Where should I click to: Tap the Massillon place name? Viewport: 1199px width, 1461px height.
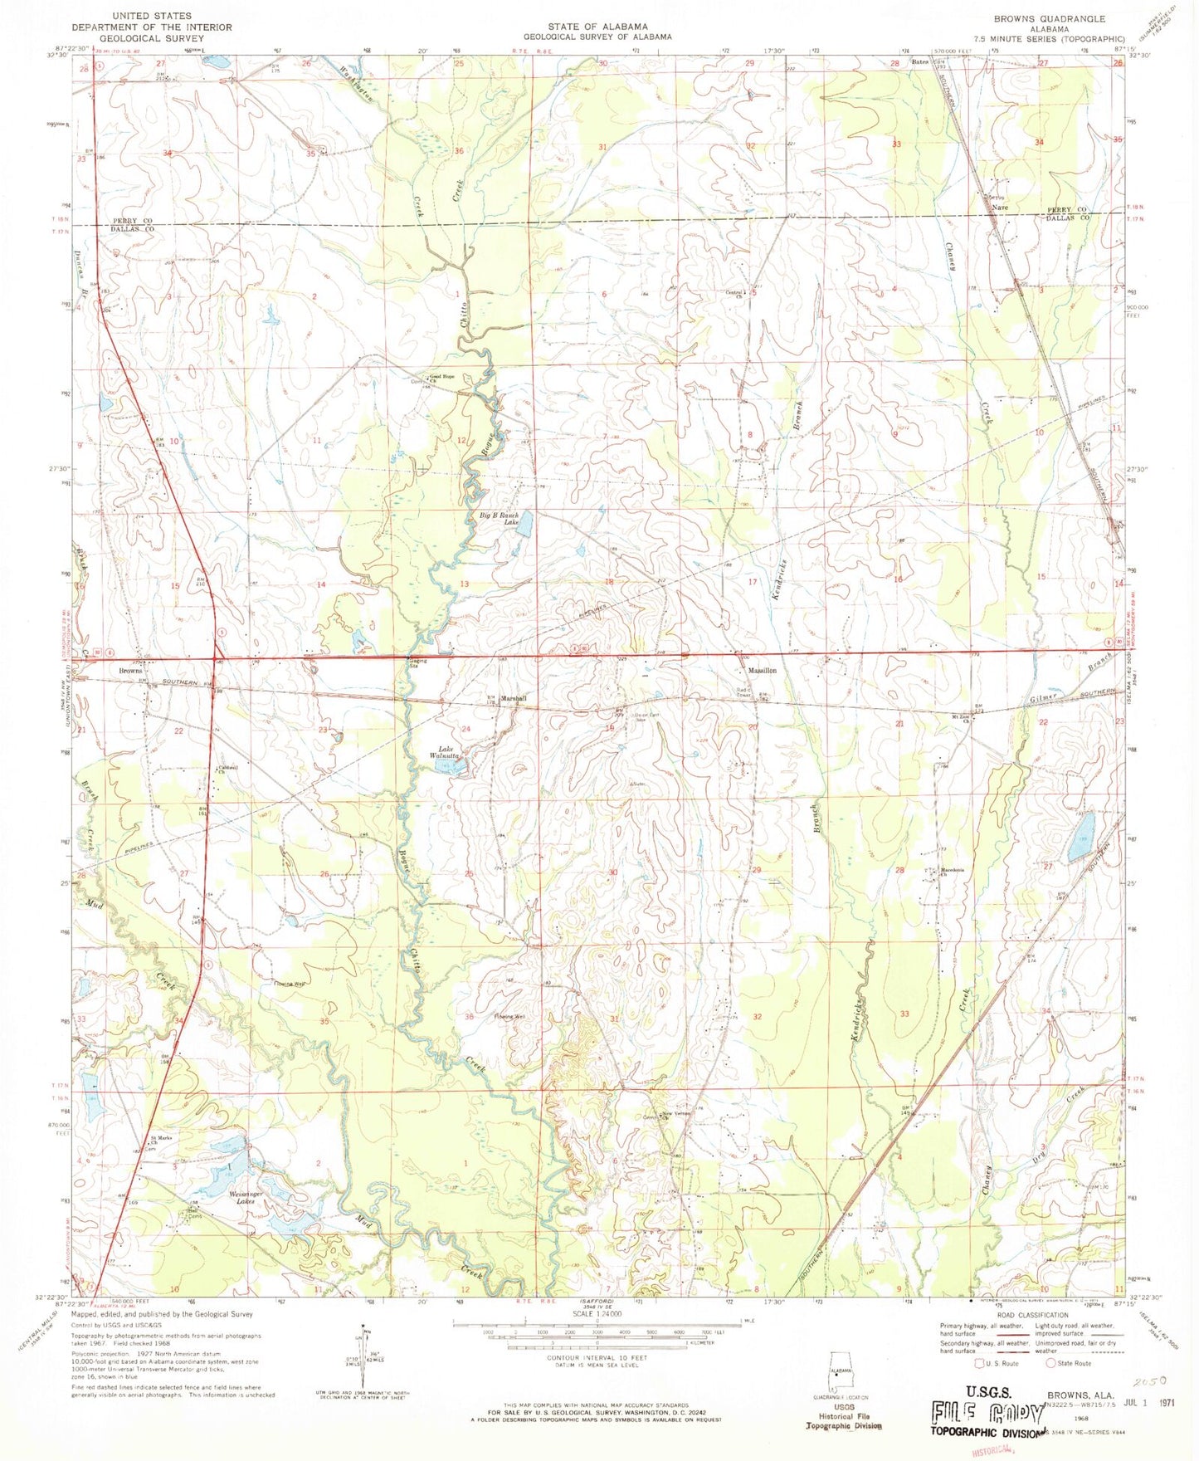(x=762, y=670)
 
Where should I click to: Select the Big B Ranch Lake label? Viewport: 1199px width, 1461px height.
(x=499, y=520)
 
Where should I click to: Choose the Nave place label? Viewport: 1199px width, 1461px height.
(x=1001, y=207)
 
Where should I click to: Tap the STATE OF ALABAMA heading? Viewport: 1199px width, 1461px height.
(x=597, y=27)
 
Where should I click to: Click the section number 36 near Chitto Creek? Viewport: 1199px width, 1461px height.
(x=459, y=151)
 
